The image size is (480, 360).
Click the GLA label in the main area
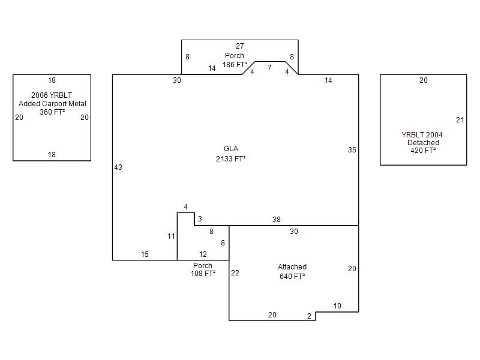pyautogui.click(x=231, y=149)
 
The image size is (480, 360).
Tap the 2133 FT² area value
pyautogui.click(x=231, y=158)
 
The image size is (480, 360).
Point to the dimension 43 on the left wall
pyautogui.click(x=118, y=167)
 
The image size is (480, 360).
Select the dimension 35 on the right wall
pyautogui.click(x=352, y=149)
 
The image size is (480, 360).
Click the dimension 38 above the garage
pyautogui.click(x=277, y=219)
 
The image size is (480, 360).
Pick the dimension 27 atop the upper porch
pyautogui.click(x=239, y=46)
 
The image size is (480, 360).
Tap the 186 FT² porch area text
pyautogui.click(x=235, y=65)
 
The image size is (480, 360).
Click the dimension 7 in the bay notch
pyautogui.click(x=269, y=67)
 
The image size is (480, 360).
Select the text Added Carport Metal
pyautogui.click(x=52, y=103)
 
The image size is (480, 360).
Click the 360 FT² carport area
pyautogui.click(x=52, y=112)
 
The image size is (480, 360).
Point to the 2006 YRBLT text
pyautogui.click(x=52, y=95)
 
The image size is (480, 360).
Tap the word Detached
pyautogui.click(x=423, y=143)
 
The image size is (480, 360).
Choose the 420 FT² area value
pyautogui.click(x=423, y=151)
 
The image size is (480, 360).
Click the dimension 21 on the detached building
pyautogui.click(x=460, y=119)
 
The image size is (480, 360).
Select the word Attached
pyautogui.click(x=292, y=266)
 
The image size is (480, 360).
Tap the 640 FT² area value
pyautogui.click(x=292, y=276)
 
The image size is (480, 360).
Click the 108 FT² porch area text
pyautogui.click(x=203, y=274)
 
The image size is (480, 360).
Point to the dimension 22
pyautogui.click(x=235, y=273)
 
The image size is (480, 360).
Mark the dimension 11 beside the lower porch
pyautogui.click(x=171, y=236)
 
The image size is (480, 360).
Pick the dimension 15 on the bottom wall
pyautogui.click(x=145, y=254)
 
